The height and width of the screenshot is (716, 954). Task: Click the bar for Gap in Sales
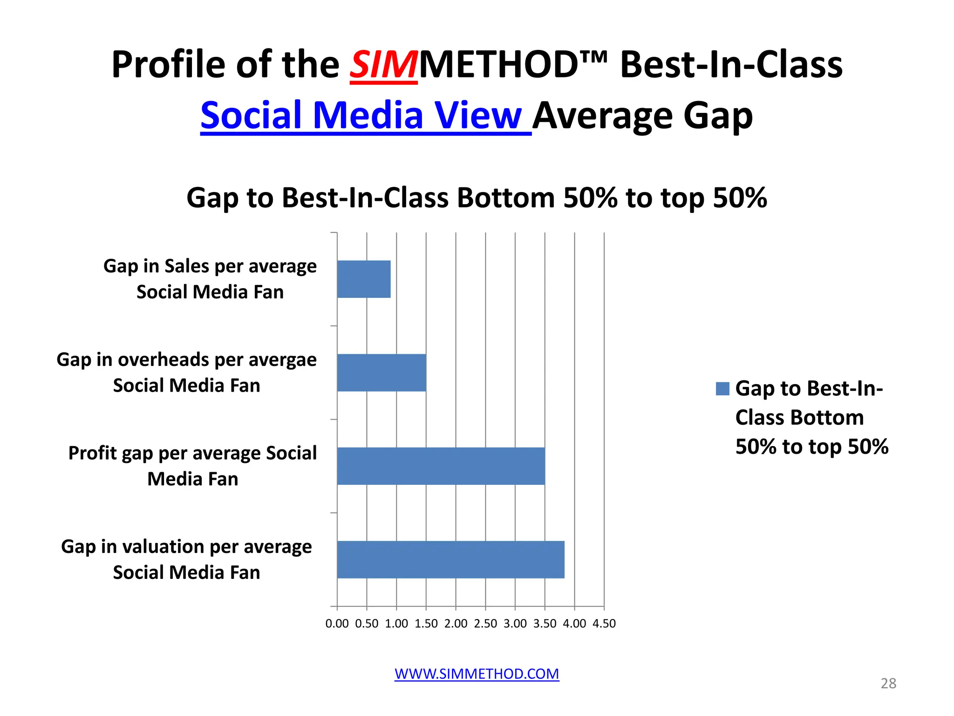click(x=364, y=279)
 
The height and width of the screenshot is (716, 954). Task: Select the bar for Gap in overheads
click(x=382, y=372)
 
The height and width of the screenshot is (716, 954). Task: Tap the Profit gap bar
click(x=441, y=466)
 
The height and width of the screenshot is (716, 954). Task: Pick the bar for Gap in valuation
click(x=450, y=559)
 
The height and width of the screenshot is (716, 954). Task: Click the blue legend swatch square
click(x=722, y=389)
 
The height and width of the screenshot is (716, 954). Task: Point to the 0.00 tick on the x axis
click(x=337, y=624)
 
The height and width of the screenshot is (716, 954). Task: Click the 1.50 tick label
click(x=426, y=624)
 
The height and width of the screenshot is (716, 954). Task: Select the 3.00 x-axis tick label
click(x=515, y=624)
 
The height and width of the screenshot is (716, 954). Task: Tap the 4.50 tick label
click(x=604, y=624)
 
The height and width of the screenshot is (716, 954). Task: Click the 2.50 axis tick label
click(x=485, y=624)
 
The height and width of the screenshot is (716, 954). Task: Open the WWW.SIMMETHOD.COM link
click(x=477, y=674)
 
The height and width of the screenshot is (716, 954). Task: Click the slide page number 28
click(x=888, y=683)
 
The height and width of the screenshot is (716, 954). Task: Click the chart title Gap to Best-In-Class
click(x=477, y=198)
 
